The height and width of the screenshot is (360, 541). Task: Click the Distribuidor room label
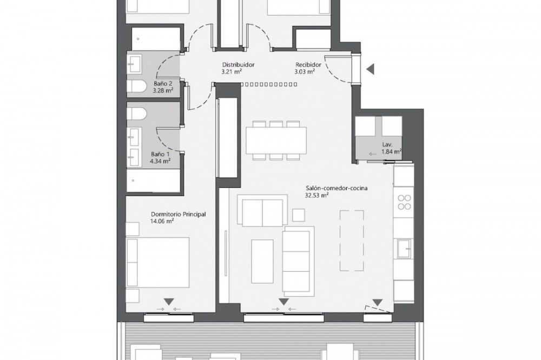[238, 65]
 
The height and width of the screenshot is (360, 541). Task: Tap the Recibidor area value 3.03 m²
[304, 72]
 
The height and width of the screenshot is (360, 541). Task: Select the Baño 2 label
[163, 83]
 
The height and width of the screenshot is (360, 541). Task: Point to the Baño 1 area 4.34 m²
[161, 161]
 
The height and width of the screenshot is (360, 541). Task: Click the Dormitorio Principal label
[179, 214]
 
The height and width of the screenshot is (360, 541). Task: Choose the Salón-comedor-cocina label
[332, 188]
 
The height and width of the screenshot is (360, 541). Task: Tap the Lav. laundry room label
[387, 145]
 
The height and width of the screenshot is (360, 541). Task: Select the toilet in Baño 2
[138, 86]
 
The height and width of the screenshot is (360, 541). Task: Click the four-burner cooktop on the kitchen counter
[404, 202]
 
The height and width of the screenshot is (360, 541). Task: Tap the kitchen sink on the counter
[404, 248]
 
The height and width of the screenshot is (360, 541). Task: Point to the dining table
[276, 141]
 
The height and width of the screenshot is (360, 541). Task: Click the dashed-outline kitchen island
[352, 241]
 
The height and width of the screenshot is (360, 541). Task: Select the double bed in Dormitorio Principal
[158, 262]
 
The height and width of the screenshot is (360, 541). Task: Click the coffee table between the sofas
[262, 262]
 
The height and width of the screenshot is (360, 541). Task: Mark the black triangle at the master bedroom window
[169, 302]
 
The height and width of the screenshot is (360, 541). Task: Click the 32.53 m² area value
[316, 195]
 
